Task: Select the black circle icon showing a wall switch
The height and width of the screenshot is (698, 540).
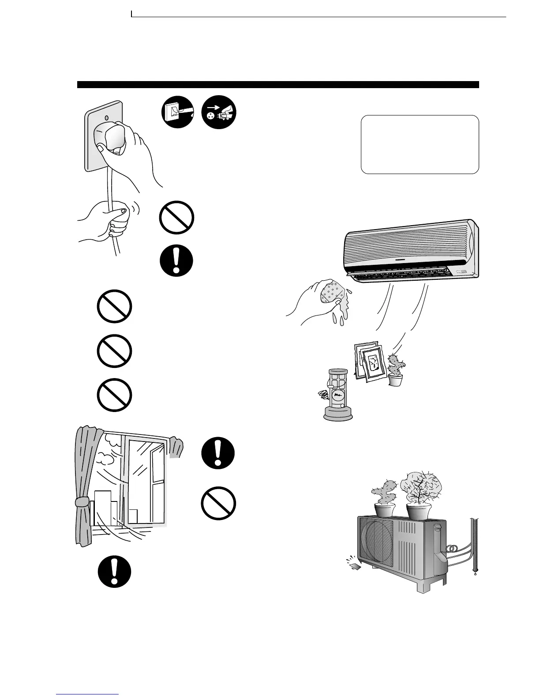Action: coord(177,113)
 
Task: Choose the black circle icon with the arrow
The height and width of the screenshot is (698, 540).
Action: coord(219,113)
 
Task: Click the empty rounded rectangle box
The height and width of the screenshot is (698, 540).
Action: coord(420,145)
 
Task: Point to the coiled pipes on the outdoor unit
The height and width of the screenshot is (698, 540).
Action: coord(452,549)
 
